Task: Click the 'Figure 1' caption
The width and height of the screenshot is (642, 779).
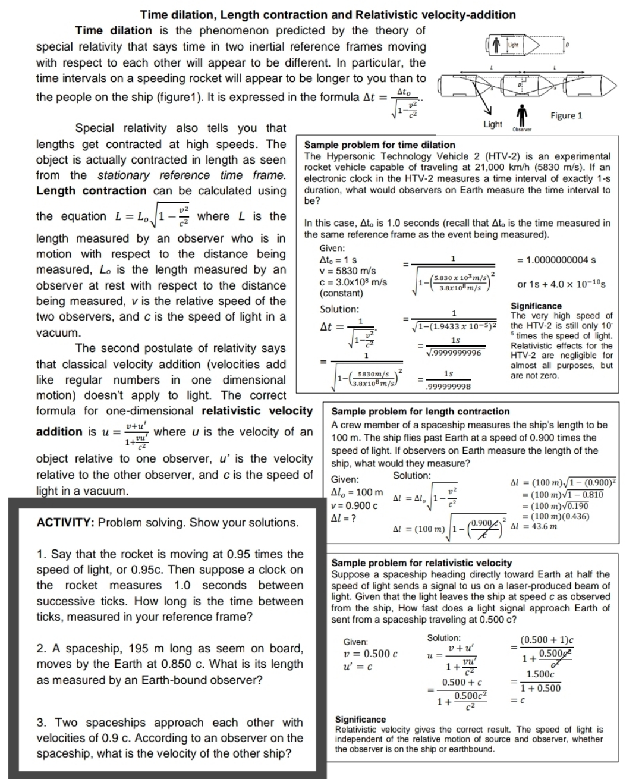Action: (x=566, y=116)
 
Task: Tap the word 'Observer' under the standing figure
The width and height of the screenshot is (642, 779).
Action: (x=521, y=129)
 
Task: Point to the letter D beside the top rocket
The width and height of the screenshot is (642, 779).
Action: (x=567, y=44)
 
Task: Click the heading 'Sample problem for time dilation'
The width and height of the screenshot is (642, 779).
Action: (x=379, y=145)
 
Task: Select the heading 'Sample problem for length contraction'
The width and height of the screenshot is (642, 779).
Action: (x=420, y=412)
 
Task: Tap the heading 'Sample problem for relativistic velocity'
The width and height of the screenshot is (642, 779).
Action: (x=421, y=563)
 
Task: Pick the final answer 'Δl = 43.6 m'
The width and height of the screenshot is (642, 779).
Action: (x=534, y=526)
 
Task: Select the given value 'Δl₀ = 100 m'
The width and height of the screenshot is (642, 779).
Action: (x=357, y=492)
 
